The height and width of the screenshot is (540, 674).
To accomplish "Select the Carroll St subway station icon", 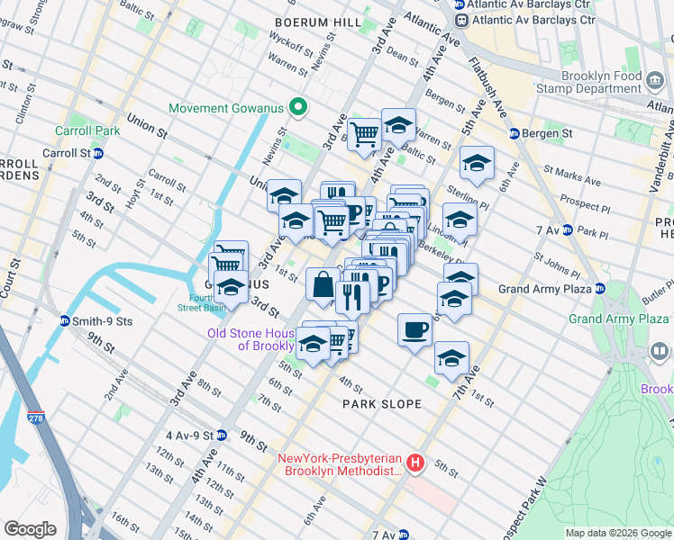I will [97, 153].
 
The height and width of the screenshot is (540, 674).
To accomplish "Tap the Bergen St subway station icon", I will [514, 133].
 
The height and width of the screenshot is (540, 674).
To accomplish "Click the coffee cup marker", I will [414, 329].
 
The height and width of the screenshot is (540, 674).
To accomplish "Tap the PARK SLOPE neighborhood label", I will [382, 404].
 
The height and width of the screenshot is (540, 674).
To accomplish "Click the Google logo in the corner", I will [31, 528].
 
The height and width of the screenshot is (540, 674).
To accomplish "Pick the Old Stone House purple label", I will [252, 339].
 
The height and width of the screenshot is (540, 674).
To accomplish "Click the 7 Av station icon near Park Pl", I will [567, 231].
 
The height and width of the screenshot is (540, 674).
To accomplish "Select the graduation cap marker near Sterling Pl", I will [477, 163].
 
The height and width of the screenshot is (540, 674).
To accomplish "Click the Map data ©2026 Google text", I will [617, 533].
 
